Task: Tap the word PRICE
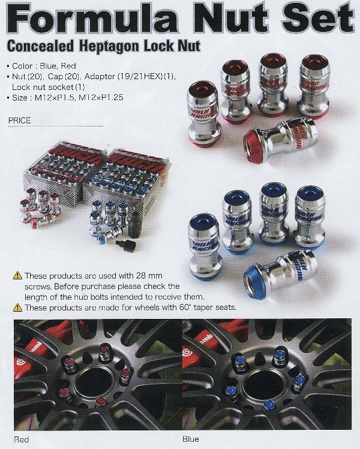click(x=19, y=120)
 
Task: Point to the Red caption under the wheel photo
click(x=21, y=439)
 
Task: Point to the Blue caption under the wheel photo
click(x=191, y=439)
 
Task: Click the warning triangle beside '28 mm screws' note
click(x=17, y=276)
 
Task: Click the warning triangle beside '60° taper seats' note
click(x=17, y=308)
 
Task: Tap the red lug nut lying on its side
click(x=280, y=140)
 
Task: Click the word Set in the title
click(x=318, y=18)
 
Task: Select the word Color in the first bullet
click(x=22, y=66)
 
